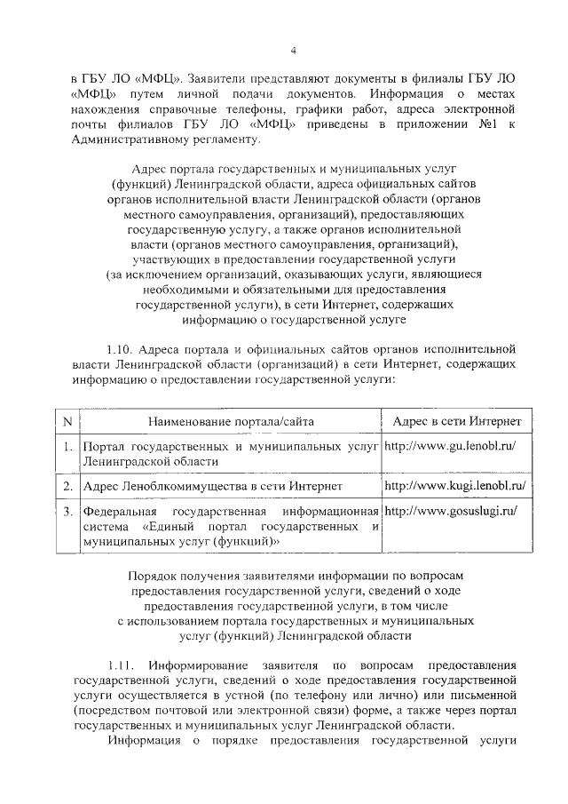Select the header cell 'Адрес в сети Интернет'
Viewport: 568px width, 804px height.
[x=451, y=420]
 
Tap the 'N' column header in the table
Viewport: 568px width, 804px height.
[x=67, y=420]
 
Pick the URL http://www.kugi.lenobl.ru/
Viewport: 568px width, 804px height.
[x=455, y=487]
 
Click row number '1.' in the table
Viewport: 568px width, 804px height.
[x=67, y=446]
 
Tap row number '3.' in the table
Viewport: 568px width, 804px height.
[x=67, y=513]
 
